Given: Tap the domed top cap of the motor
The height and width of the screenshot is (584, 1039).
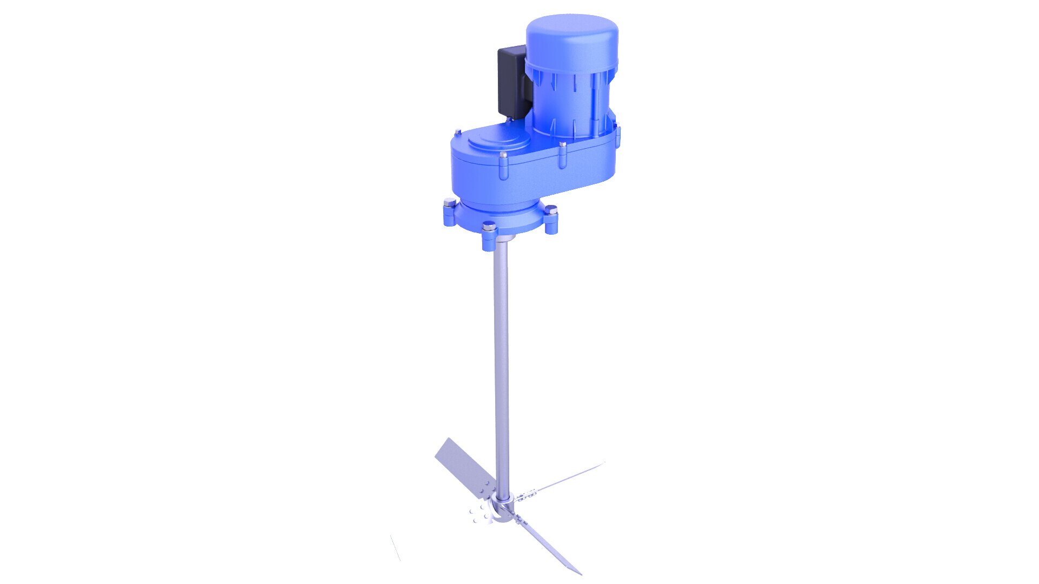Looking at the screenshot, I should click(x=572, y=38).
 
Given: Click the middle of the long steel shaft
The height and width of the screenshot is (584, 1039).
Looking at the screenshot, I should click(x=501, y=368).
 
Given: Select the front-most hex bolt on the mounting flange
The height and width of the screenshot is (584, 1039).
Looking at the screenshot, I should click(x=489, y=227).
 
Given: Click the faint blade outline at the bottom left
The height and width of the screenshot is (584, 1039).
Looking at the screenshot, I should click(x=396, y=548).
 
